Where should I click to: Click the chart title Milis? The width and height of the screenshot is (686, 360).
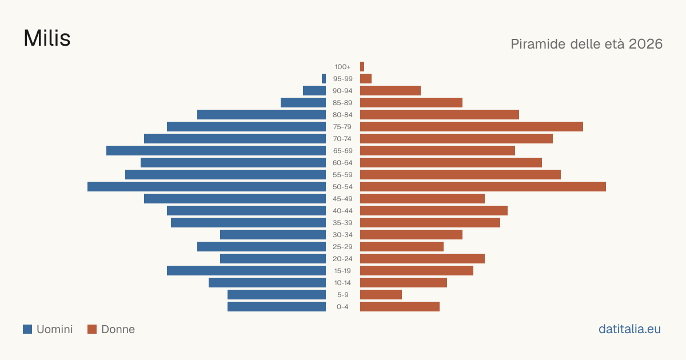coord(47,38)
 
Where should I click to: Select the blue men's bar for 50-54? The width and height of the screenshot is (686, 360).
coord(207,187)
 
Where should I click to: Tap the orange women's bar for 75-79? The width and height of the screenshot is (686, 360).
coord(472,127)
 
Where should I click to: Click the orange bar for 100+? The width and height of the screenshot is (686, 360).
coord(362,67)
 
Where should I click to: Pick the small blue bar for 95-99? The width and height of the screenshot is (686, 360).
coord(324,79)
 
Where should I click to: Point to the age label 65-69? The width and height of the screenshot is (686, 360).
coord(342,151)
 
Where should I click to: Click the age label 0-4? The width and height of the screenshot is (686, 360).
coord(342,307)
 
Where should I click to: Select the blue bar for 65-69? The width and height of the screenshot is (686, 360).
coord(216,151)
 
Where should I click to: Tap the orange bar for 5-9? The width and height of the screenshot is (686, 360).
coord(381,295)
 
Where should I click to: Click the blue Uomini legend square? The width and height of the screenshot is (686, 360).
coord(27,329)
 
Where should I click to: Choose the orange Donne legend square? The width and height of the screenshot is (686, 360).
coord(92,329)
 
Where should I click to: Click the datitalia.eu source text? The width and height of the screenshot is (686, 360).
coord(629,329)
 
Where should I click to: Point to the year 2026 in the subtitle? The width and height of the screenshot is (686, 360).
coord(645,44)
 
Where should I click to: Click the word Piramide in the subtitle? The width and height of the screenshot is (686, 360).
coord(538,44)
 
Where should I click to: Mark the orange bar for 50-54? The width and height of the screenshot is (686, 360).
coord(483,187)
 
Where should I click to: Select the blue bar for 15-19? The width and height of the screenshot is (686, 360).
coord(246,271)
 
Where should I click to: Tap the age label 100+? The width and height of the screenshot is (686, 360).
coord(342,67)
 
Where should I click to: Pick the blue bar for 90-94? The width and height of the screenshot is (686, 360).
coord(314,91)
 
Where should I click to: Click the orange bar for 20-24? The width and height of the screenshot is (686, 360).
coord(422,259)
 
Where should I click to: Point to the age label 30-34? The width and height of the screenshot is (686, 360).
coord(342,235)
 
